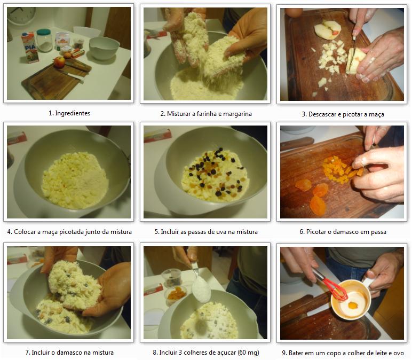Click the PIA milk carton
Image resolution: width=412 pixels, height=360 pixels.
[x=30, y=47]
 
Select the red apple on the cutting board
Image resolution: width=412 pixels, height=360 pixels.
[x=59, y=62]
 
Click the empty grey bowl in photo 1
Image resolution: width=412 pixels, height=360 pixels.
[x=104, y=48]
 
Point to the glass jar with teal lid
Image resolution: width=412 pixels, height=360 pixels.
[x=44, y=40]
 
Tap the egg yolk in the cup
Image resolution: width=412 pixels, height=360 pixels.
[x=353, y=306]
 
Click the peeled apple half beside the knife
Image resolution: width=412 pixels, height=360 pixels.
[x=327, y=30]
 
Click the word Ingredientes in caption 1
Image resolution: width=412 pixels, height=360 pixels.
[x=73, y=113]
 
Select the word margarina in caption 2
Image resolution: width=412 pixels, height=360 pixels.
[x=237, y=114]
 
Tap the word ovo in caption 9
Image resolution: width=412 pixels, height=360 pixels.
[x=399, y=353]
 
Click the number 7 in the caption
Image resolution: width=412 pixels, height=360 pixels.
[x=27, y=353]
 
